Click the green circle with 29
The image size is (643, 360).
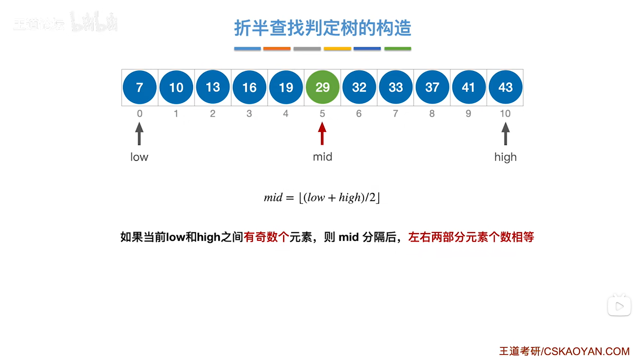pyautogui.click(x=322, y=87)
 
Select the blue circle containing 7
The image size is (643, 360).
pyautogui.click(x=140, y=87)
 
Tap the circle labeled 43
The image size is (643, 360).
pyautogui.click(x=505, y=87)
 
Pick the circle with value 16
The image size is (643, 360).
pyautogui.click(x=249, y=87)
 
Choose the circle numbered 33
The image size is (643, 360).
pyautogui.click(x=396, y=87)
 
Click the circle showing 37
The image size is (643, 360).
pyautogui.click(x=432, y=87)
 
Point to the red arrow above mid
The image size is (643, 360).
pyautogui.click(x=322, y=133)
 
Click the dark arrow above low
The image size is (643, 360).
pyautogui.click(x=139, y=133)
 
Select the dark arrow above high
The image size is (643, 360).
pyautogui.click(x=505, y=133)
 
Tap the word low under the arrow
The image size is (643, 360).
pyautogui.click(x=139, y=157)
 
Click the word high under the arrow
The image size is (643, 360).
pyautogui.click(x=505, y=157)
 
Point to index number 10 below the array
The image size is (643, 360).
pyautogui.click(x=505, y=113)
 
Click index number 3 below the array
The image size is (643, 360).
pyautogui.click(x=249, y=113)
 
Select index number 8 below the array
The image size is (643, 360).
pyautogui.click(x=432, y=113)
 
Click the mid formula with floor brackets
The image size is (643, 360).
pyautogui.click(x=322, y=197)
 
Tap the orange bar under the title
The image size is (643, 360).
pyautogui.click(x=277, y=49)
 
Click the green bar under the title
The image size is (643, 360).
pyautogui.click(x=398, y=49)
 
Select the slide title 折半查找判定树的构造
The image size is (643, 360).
pyautogui.click(x=322, y=28)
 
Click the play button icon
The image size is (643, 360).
pyautogui.click(x=619, y=306)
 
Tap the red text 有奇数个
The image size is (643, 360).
pyautogui.click(x=266, y=237)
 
